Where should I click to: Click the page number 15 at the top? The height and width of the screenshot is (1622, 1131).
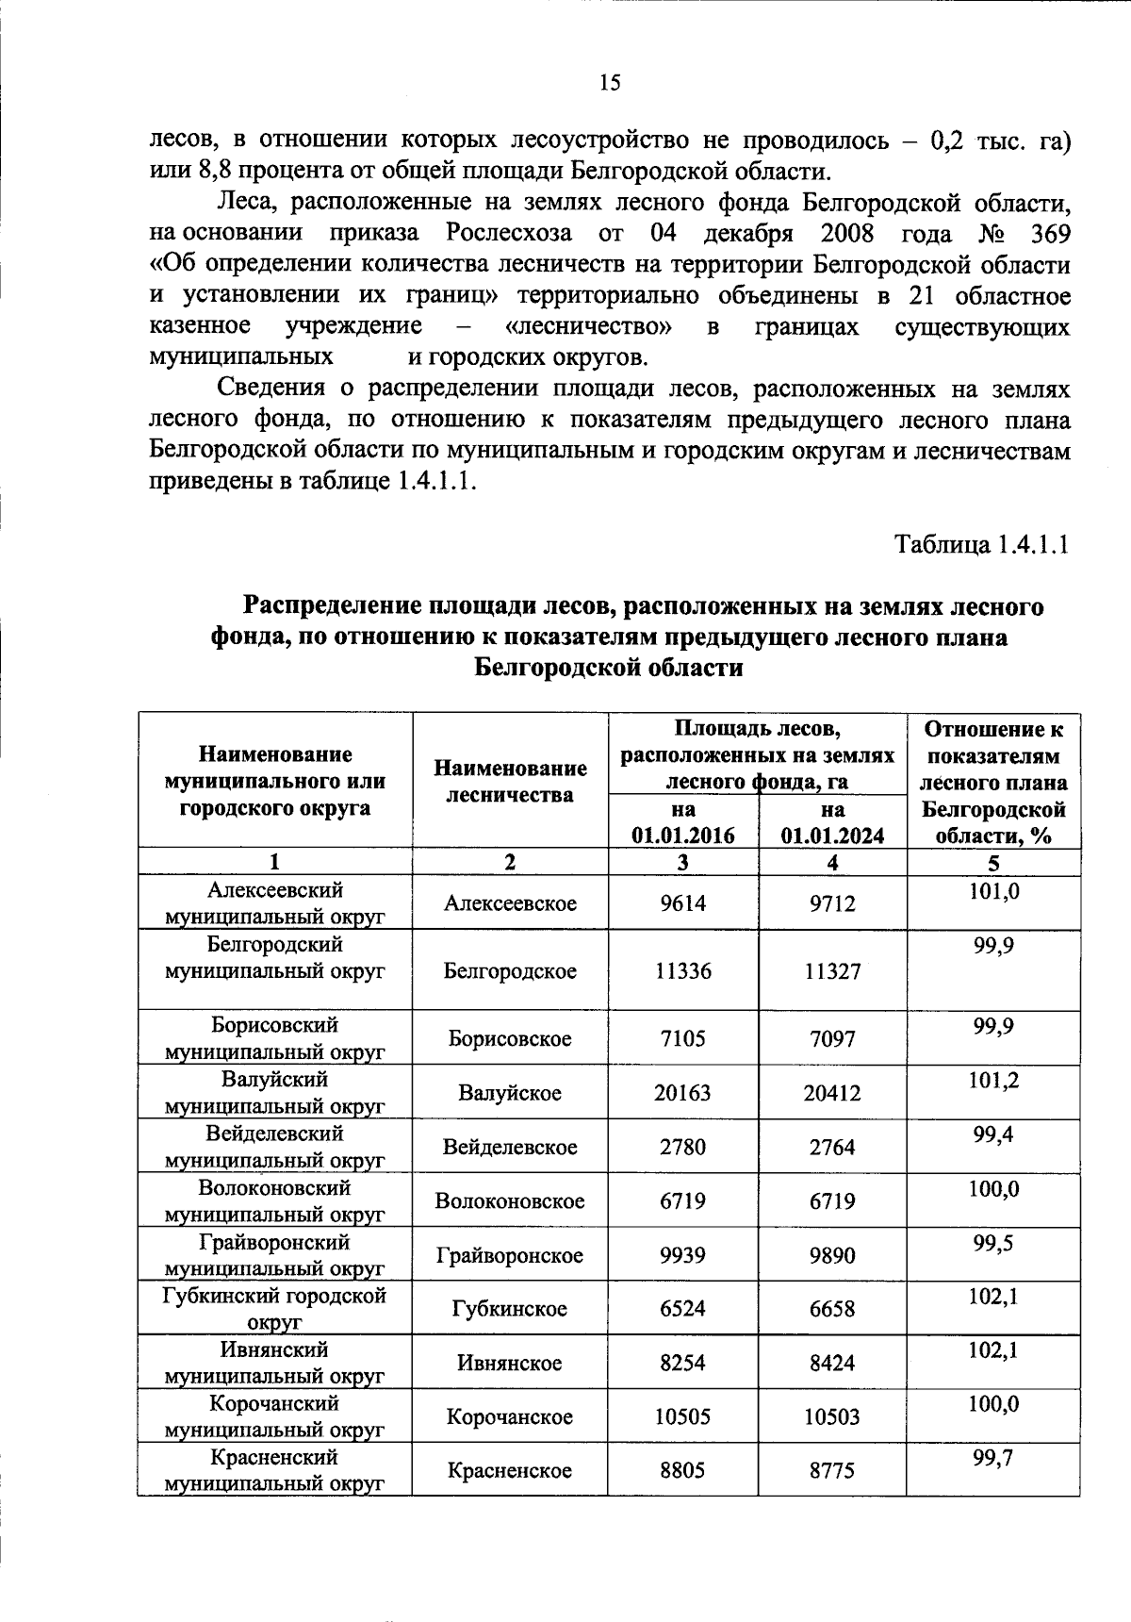point(610,83)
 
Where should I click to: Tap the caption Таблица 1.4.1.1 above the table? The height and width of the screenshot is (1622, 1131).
point(981,545)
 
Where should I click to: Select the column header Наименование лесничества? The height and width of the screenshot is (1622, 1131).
point(510,781)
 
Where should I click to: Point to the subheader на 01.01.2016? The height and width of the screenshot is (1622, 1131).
point(683,822)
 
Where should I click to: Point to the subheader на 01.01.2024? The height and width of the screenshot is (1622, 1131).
point(832,822)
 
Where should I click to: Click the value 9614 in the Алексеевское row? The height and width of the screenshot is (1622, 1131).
point(682,903)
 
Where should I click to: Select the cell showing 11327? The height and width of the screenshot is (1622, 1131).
point(832,971)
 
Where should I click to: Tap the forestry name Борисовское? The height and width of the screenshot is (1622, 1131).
point(510,1038)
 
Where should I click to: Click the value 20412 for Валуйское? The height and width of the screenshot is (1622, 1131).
point(832,1093)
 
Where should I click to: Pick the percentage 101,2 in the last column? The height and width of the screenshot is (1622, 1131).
point(993,1081)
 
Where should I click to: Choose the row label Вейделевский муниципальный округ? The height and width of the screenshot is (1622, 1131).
point(274,1147)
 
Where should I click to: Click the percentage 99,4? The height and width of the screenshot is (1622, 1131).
point(993,1134)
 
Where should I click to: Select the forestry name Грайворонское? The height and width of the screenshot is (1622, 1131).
point(510,1255)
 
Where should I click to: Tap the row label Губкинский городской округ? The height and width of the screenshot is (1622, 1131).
point(274,1308)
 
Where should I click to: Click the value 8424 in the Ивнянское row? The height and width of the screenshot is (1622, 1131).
point(832,1363)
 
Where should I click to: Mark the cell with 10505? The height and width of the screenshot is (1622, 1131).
point(682,1416)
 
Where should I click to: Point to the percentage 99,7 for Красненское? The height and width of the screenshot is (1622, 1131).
point(993,1458)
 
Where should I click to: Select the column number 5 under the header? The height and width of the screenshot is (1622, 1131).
point(993,862)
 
